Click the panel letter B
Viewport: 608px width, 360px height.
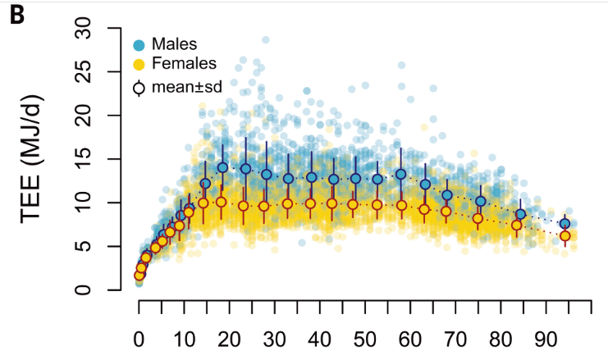[17, 16]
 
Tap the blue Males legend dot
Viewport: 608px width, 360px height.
[139, 44]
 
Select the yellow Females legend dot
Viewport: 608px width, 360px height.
[139, 64]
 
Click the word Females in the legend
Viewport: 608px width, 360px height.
[184, 63]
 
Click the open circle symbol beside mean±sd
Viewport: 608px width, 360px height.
[139, 84]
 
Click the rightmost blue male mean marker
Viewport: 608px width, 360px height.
[565, 224]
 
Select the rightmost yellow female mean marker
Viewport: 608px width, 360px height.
[565, 236]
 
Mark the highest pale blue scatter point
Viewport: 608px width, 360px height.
[266, 39]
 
